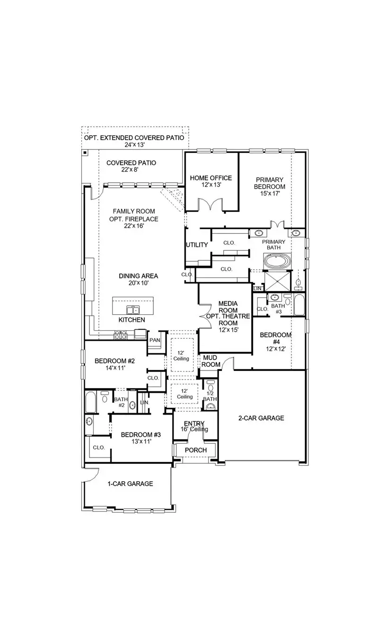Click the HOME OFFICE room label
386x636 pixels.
[211, 178]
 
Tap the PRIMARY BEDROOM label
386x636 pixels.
[269, 183]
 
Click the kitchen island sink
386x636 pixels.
[133, 309]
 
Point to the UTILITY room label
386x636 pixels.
[197, 245]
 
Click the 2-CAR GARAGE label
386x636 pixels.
[261, 418]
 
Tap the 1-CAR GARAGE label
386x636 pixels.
[130, 484]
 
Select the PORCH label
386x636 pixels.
[196, 450]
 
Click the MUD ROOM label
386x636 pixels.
[211, 361]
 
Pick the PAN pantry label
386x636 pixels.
[155, 340]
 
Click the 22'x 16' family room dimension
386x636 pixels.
[134, 226]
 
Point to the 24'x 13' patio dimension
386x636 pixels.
[134, 145]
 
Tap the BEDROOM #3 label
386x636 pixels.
[141, 435]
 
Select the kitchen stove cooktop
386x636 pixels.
[120, 335]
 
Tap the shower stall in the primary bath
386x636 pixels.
[277, 281]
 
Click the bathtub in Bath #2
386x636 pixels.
[91, 402]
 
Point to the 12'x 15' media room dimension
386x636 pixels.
[228, 330]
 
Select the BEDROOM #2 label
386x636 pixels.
[114, 361]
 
